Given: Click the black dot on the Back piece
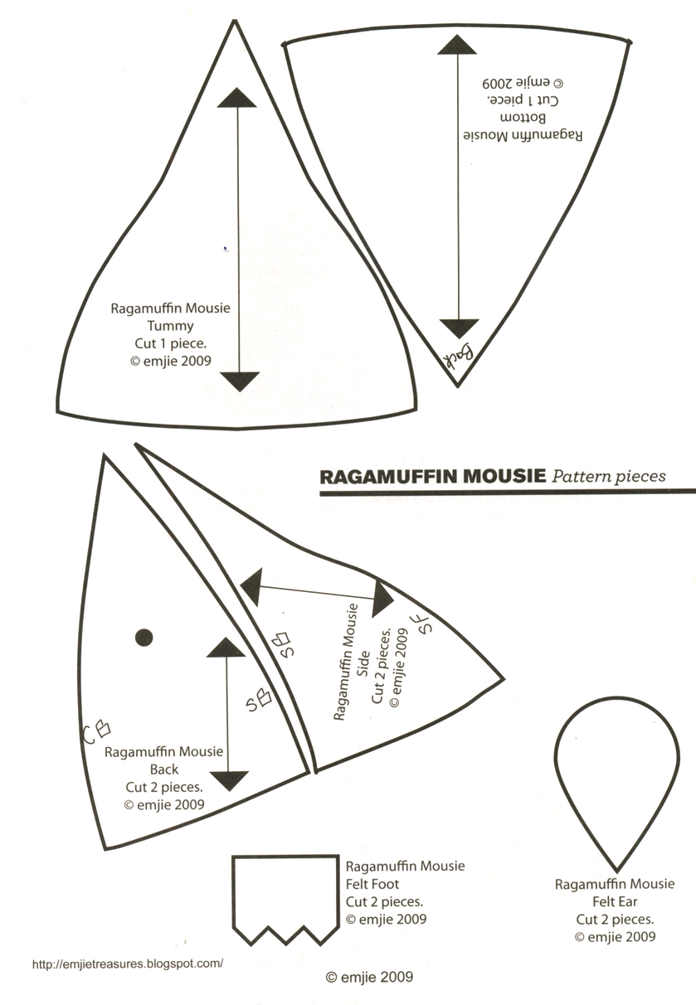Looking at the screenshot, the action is (144, 637).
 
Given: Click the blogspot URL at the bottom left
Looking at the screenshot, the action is (128, 964).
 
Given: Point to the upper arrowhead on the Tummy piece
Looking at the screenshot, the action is (238, 97).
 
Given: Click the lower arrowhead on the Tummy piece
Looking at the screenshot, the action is (240, 381).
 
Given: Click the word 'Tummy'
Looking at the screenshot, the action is (170, 326).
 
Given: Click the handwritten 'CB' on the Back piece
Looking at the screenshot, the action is (97, 731).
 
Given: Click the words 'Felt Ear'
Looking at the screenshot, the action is (615, 902).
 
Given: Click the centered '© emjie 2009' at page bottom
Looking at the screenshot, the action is (369, 978).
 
